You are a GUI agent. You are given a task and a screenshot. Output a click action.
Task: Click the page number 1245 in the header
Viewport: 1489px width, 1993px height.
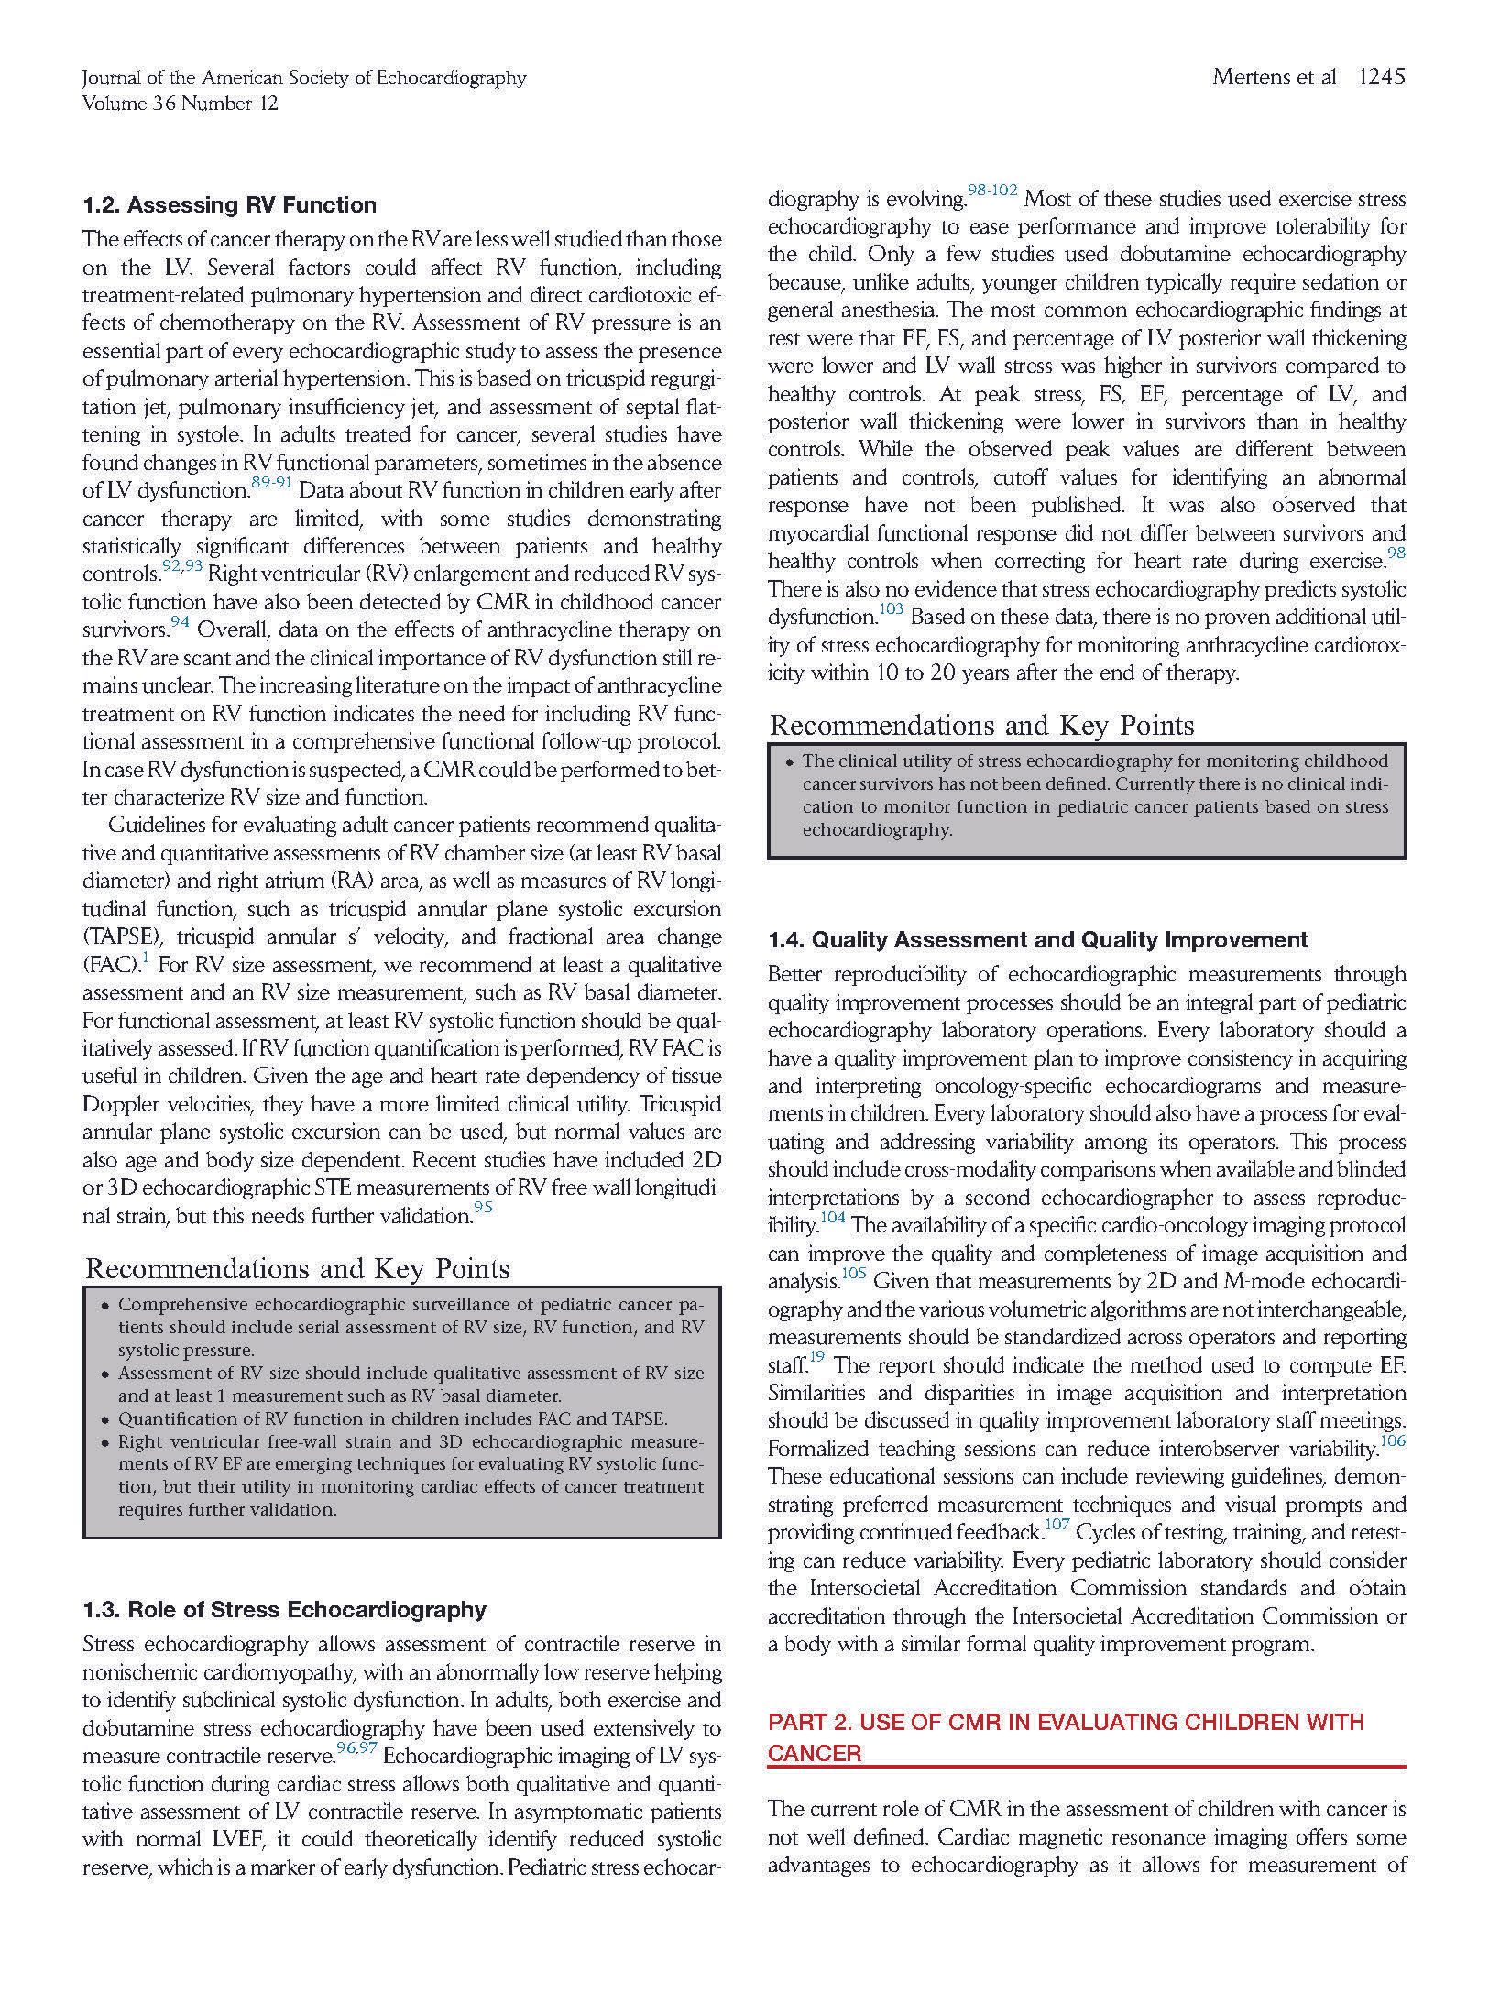tap(1381, 77)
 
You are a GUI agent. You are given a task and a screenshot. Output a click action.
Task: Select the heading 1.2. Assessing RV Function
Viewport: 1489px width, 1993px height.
tap(229, 204)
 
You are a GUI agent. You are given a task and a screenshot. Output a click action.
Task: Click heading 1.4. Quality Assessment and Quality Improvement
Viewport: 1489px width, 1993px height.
tap(1037, 939)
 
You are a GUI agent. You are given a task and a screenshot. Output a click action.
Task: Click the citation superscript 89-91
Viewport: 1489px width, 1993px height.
tap(271, 483)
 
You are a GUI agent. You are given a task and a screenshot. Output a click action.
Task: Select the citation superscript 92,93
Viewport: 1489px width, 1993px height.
tap(182, 566)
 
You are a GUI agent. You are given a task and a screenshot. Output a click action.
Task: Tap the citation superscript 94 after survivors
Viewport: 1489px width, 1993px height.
tap(180, 623)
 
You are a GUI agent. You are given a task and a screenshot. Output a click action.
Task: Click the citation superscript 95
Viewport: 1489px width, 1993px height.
tap(483, 1208)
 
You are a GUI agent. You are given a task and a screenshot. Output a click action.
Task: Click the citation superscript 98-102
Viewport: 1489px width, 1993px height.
tap(992, 191)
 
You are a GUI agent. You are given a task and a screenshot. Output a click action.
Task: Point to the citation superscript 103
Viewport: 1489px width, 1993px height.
tap(892, 609)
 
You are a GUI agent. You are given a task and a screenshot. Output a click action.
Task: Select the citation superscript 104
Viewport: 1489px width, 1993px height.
tap(832, 1218)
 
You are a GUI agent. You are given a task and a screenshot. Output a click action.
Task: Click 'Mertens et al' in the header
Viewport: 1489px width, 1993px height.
tap(1274, 77)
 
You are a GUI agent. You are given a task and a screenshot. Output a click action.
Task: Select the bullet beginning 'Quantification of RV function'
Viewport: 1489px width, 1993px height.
tap(392, 1418)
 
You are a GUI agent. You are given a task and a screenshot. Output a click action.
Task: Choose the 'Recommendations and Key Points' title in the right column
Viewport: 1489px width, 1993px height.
tap(981, 725)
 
